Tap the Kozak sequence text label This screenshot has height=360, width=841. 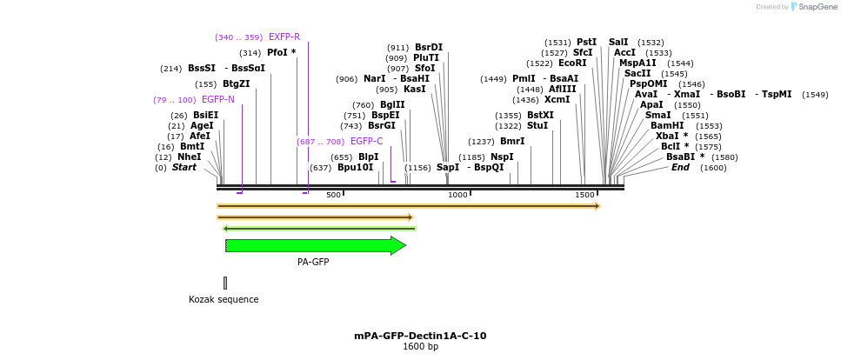point(224,300)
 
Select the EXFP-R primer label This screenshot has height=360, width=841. point(284,37)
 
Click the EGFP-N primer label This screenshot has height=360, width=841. point(217,100)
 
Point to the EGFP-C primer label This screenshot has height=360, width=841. point(366,142)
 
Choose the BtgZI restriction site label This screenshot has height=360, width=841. point(236,84)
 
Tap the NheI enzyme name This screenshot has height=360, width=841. point(189,157)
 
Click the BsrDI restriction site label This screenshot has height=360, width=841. point(428,48)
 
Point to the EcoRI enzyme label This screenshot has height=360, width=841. point(571,63)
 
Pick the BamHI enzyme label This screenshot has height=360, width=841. point(666,126)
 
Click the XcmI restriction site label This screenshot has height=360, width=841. point(557,100)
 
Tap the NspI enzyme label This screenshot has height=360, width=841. point(502,157)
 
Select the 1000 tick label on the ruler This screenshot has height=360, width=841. point(457,195)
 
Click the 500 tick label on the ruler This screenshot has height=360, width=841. point(333,195)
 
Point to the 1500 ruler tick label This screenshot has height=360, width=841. point(584,195)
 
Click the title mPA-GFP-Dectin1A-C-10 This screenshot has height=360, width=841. point(420,336)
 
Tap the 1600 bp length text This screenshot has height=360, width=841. point(420,347)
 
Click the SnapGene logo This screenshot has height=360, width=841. point(813,7)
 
